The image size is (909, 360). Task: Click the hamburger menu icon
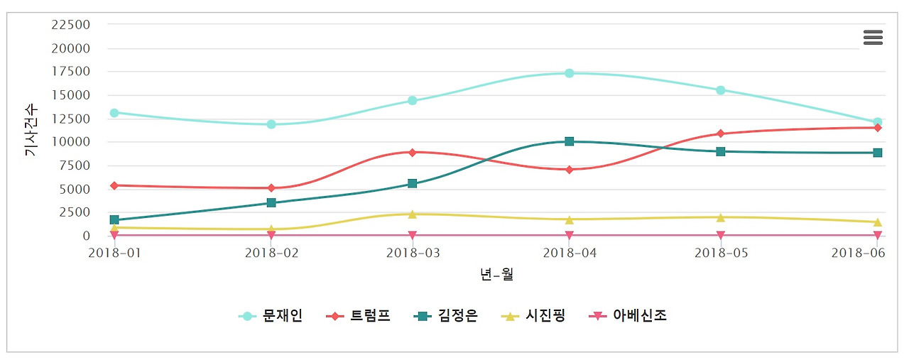(873, 38)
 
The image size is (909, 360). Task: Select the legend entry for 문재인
(271, 316)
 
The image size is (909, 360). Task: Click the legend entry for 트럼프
(359, 316)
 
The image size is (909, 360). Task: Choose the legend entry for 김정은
(446, 316)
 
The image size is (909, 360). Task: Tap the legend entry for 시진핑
(533, 316)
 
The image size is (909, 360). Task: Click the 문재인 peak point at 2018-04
(569, 73)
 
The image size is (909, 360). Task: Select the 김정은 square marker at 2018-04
(569, 141)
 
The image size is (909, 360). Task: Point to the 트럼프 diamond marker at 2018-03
(412, 152)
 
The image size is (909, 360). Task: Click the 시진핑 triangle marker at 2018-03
(412, 214)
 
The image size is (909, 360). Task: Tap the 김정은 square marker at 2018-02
(271, 202)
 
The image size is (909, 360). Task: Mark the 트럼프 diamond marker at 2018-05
(721, 133)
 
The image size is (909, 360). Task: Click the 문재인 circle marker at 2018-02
(271, 124)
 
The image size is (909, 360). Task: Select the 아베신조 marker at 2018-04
(569, 235)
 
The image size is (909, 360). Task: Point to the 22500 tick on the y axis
(71, 24)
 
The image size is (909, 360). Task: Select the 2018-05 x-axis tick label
(720, 252)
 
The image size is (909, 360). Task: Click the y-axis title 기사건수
(31, 131)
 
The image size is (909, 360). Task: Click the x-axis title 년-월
(496, 274)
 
